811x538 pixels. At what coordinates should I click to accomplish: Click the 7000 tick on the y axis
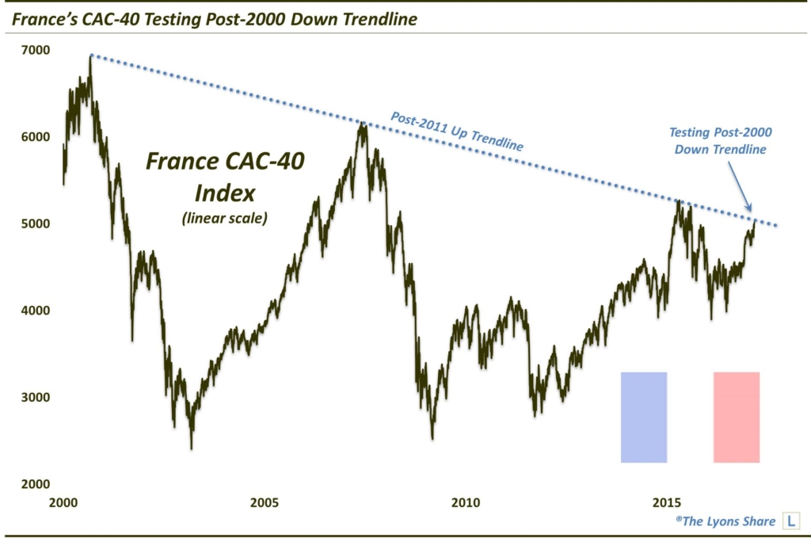click(35, 51)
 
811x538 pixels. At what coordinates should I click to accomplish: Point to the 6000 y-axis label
click(35, 137)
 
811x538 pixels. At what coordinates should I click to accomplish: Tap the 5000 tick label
click(35, 224)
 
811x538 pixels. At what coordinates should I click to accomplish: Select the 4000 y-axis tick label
click(35, 311)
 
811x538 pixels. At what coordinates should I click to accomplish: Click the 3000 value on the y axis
click(35, 397)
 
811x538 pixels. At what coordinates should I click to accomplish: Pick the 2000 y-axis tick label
click(35, 484)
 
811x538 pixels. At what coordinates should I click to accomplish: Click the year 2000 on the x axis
click(63, 502)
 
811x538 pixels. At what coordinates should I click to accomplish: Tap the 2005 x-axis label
click(265, 502)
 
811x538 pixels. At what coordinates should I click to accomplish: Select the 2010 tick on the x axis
click(466, 502)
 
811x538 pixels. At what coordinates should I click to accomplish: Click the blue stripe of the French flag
click(644, 417)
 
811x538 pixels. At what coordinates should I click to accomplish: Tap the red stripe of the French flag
click(737, 417)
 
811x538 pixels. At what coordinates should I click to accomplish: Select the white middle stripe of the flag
click(690, 417)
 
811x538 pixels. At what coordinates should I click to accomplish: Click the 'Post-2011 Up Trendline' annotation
click(457, 132)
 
